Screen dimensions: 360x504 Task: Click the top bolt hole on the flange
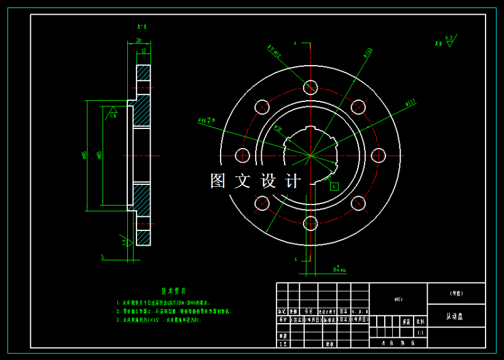(310, 87)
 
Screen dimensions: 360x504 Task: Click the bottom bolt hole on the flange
(310, 222)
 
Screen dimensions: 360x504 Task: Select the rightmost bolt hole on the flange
(379, 155)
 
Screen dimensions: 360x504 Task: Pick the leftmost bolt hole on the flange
(242, 155)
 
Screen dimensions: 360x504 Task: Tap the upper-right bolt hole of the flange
(359, 107)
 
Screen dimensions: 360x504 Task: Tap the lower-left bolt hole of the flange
(262, 203)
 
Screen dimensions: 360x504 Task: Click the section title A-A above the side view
(142, 27)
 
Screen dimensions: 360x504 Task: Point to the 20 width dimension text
(139, 41)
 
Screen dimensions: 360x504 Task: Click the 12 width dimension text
(143, 51)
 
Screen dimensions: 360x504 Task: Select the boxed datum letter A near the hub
(334, 186)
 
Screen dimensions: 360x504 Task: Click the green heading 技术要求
(173, 291)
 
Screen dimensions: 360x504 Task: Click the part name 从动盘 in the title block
(455, 316)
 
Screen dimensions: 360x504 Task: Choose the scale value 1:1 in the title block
(420, 333)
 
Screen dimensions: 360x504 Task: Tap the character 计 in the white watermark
(294, 181)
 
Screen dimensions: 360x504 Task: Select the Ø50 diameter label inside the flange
(278, 129)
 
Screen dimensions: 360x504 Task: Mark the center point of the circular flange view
(310, 155)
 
